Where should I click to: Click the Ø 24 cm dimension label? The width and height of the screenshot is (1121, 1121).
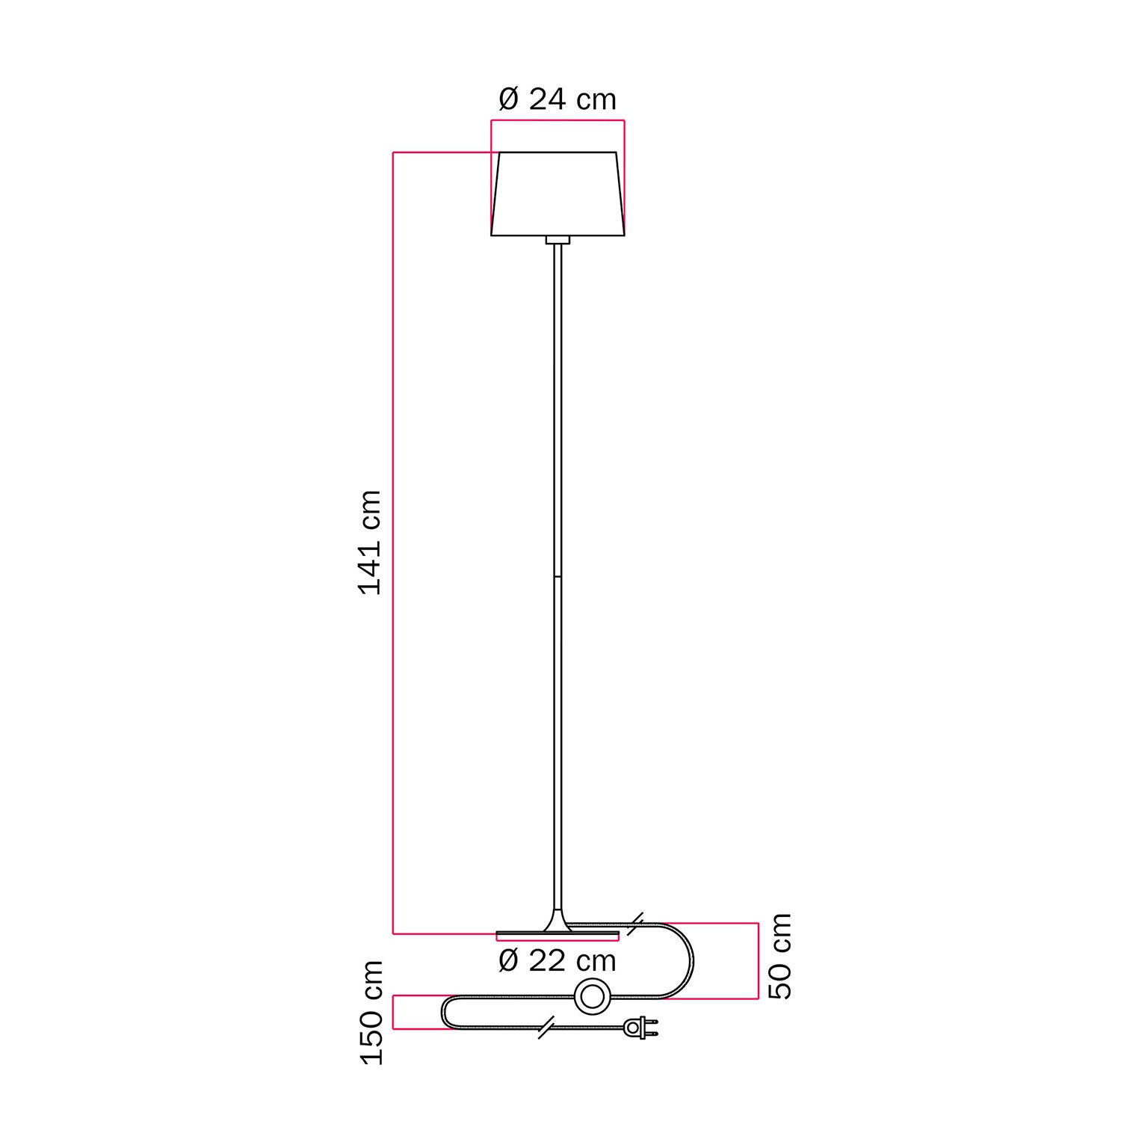(557, 99)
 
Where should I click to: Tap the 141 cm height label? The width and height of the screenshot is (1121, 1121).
(371, 543)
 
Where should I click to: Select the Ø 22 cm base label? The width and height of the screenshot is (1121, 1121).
(557, 960)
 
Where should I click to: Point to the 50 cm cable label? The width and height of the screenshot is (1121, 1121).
(780, 956)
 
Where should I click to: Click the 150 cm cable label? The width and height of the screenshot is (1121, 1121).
(371, 1013)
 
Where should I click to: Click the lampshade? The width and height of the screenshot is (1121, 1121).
(558, 194)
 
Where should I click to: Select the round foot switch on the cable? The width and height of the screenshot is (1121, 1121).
(593, 997)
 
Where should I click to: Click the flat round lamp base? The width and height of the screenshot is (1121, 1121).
(558, 933)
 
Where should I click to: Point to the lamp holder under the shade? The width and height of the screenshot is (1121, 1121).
(558, 240)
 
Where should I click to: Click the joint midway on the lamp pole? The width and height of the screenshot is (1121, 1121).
(558, 576)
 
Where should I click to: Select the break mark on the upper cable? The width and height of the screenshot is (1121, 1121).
(636, 924)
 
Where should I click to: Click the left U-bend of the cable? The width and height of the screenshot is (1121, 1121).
(444, 1013)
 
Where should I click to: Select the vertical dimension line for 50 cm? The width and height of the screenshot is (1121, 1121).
(759, 960)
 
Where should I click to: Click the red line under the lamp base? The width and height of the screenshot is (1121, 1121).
(558, 940)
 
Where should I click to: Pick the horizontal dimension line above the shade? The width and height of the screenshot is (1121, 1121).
(558, 120)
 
